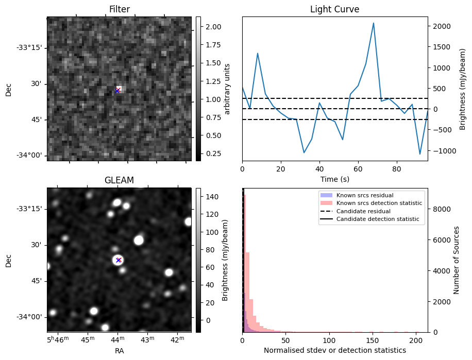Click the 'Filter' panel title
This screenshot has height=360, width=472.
119,9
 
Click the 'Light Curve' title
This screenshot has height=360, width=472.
334,9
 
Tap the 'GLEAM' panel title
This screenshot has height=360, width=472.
119,180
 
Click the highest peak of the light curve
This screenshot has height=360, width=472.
374,23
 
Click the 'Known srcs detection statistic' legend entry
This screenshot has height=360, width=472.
379,203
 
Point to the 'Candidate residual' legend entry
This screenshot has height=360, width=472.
363,212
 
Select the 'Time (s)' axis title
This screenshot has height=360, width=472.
334,178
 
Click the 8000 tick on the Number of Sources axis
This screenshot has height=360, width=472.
442,209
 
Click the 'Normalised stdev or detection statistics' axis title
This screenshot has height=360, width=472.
334,350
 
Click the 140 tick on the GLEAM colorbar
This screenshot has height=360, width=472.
212,197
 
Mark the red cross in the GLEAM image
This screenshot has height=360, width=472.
119,260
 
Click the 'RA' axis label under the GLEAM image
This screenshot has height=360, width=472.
119,350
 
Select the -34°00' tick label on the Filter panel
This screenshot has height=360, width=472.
29,156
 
